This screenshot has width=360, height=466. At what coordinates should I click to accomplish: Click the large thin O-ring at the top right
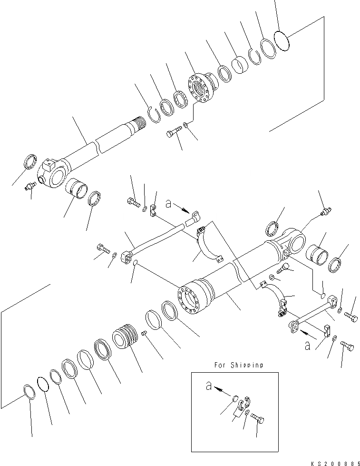pyautogui.click(x=282, y=39)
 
